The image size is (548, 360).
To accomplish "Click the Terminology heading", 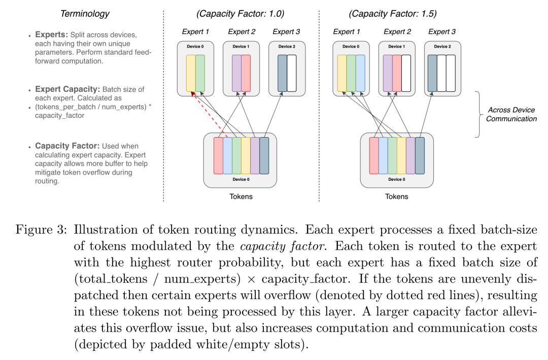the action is point(85,14).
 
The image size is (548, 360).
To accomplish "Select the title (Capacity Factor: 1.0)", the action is point(240,14).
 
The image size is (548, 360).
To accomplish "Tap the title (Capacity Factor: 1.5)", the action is point(392,14).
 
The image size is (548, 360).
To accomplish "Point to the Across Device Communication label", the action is point(511,114).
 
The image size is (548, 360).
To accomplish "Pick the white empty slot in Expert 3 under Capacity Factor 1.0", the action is point(291,73).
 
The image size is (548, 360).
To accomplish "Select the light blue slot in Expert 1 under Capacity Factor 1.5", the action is point(360,73).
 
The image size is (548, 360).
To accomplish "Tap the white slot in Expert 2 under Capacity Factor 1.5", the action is point(406,73).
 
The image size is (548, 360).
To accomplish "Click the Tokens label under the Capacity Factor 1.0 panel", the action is point(241,197).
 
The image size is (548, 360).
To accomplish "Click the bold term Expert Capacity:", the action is point(67,89).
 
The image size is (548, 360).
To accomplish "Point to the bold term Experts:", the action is point(51,35).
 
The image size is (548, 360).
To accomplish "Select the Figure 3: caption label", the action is point(41,230).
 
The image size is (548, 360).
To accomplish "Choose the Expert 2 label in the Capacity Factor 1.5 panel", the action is point(397,31).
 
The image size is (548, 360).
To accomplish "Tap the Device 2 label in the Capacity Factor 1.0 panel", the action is point(287,47).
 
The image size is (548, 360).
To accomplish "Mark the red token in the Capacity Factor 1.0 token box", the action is point(218,156).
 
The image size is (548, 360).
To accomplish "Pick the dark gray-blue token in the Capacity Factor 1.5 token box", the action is point(420,156).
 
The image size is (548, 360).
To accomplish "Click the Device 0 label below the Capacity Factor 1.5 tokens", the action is point(397,179).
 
